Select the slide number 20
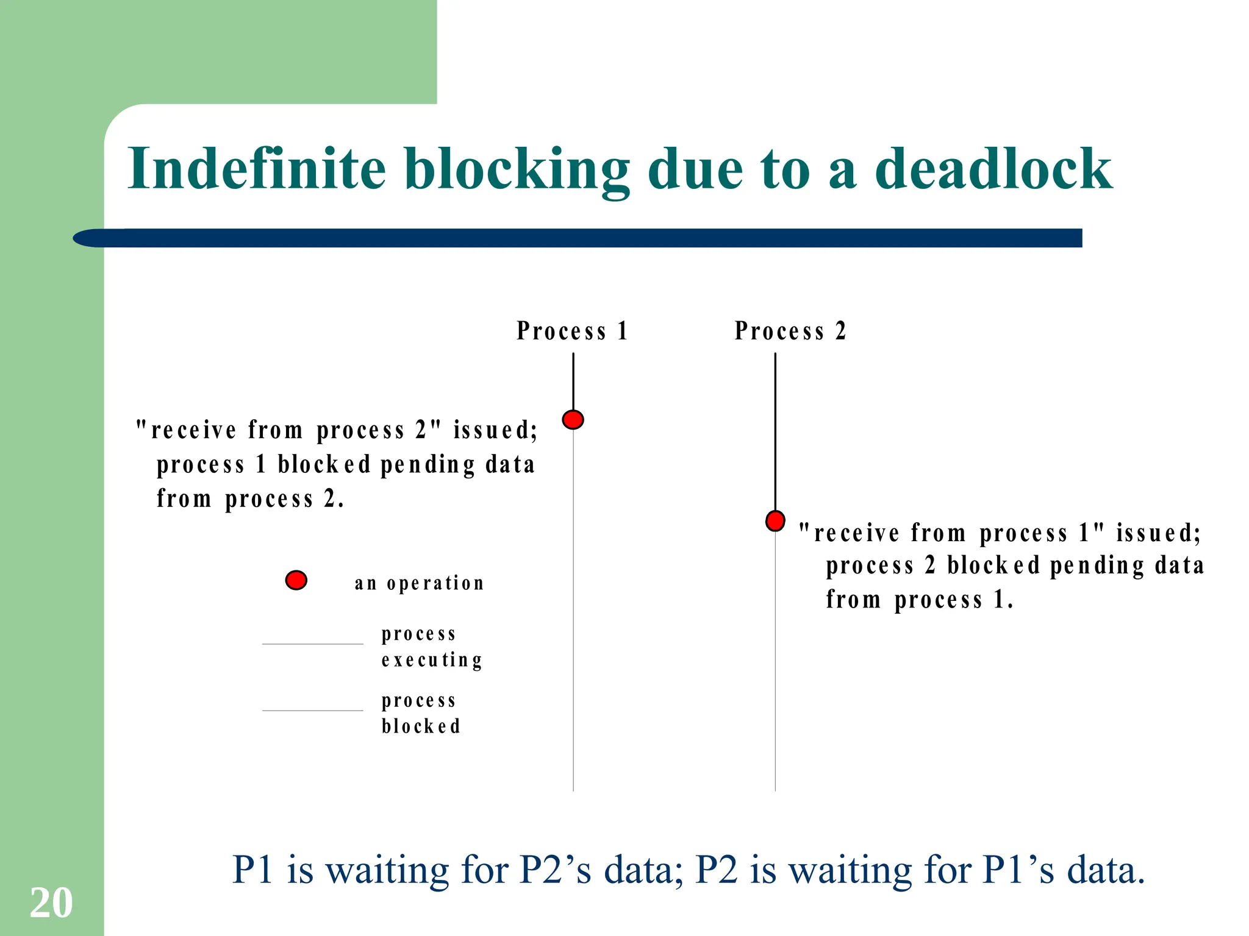[x=51, y=902]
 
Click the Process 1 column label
[x=571, y=331]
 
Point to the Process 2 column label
[x=790, y=331]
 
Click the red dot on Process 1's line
[x=573, y=420]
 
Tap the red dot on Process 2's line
[x=775, y=521]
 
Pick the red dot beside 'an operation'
[x=296, y=580]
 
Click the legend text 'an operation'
[x=419, y=583]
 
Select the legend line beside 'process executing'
[x=312, y=644]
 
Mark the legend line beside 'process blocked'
[x=312, y=711]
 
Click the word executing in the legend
[x=432, y=661]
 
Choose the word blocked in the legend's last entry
[x=421, y=726]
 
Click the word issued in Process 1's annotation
[x=495, y=430]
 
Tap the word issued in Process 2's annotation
[x=1158, y=533]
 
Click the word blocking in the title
[x=516, y=169]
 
